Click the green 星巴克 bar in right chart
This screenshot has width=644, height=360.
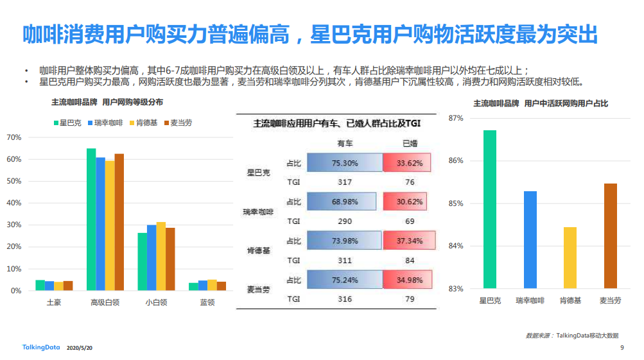[490, 209]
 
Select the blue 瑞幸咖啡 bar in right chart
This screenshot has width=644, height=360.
[530, 239]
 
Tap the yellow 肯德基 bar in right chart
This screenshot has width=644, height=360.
[570, 257]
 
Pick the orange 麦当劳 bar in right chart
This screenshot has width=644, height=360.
[611, 236]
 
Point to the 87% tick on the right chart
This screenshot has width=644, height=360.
[456, 118]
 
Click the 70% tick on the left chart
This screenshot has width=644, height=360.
[14, 137]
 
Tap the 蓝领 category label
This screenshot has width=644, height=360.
[207, 302]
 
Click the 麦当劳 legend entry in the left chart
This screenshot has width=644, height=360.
[178, 123]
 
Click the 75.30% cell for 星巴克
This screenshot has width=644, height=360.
[345, 163]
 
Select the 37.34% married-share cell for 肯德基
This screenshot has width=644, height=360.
[408, 241]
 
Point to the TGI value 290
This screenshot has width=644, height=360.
[345, 221]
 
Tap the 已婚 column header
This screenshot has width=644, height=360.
[409, 143]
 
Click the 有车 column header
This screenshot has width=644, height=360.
[345, 143]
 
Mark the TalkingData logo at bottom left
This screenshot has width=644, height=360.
[40, 347]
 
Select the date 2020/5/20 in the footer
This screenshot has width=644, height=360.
[80, 348]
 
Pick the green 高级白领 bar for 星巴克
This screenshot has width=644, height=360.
[91, 219]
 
